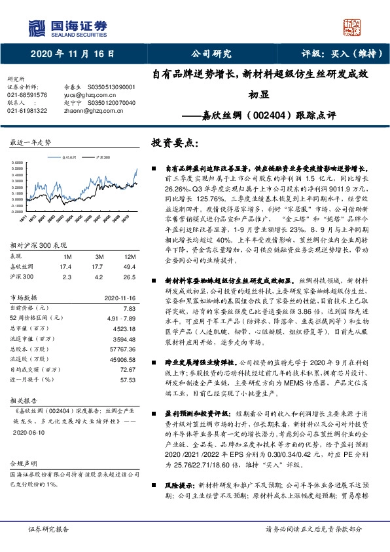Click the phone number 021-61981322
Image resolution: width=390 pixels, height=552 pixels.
pyautogui.click(x=27, y=111)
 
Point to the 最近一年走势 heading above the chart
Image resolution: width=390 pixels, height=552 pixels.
pyautogui.click(x=29, y=142)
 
